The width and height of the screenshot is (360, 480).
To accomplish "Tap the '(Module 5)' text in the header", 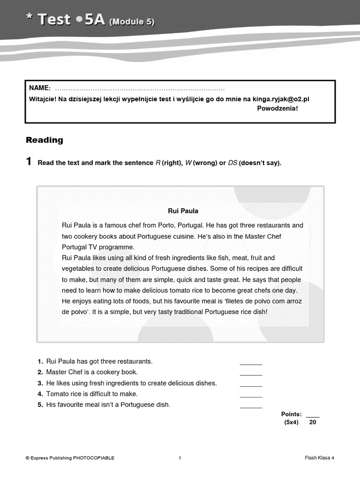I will click(132, 22).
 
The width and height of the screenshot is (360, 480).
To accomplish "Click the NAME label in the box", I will click(39, 88).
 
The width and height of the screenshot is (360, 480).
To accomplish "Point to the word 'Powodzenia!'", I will click(277, 108).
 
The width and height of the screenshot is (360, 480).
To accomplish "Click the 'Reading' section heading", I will click(45, 140).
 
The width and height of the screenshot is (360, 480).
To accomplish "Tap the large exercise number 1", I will click(29, 162).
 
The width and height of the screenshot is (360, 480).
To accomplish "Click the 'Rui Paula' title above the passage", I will click(183, 211).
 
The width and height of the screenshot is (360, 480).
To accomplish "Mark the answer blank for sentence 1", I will click(251, 363).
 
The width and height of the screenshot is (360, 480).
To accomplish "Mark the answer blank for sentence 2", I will click(251, 374).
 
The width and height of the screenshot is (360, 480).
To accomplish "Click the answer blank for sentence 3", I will click(251, 384).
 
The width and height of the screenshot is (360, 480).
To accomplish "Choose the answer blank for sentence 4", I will click(251, 395).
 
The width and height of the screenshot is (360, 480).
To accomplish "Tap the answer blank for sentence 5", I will click(251, 406).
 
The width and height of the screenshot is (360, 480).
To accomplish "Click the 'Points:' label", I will click(291, 414).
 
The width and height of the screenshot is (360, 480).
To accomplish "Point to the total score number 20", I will click(313, 422).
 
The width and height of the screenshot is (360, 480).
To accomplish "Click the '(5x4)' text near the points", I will click(291, 422).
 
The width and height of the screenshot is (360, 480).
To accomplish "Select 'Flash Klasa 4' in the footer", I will click(319, 458).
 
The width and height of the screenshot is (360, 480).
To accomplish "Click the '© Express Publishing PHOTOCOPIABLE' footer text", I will click(70, 458).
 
